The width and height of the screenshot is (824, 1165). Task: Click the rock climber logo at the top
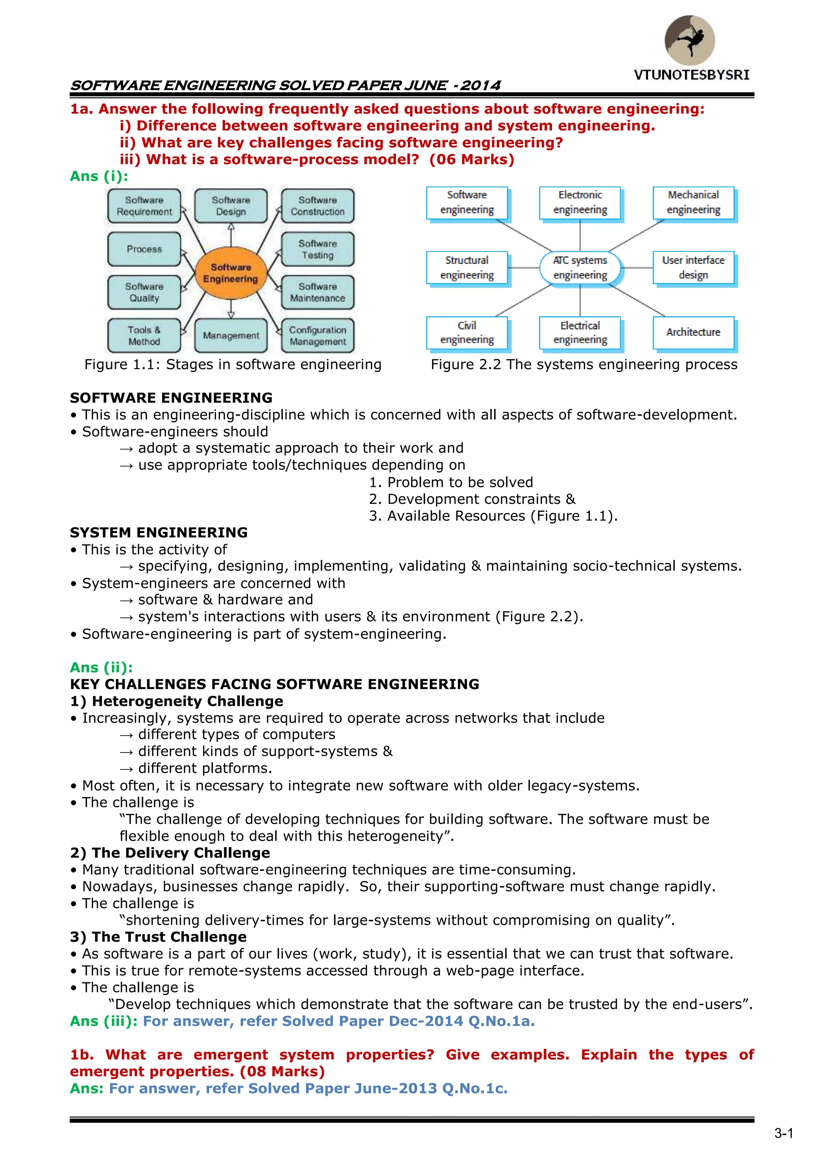click(690, 40)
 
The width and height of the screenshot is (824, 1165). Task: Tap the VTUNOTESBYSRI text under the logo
click(692, 75)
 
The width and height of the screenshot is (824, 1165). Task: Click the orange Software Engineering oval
click(231, 273)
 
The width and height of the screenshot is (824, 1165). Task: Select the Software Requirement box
click(144, 206)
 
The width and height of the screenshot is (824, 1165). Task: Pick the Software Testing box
click(317, 249)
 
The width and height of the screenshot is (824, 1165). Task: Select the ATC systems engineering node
click(580, 267)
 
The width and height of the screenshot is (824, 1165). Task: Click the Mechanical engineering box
click(693, 202)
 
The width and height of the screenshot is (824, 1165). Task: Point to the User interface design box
click(693, 267)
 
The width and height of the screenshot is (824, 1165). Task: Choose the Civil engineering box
click(467, 332)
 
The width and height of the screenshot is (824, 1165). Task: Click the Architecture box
click(693, 332)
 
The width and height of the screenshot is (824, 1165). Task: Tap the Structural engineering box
click(467, 267)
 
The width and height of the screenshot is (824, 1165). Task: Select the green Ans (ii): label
click(101, 667)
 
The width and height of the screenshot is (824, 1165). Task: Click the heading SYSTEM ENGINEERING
click(159, 532)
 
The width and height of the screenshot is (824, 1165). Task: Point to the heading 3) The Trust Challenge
click(158, 937)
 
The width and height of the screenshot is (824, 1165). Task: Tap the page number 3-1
click(783, 1133)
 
